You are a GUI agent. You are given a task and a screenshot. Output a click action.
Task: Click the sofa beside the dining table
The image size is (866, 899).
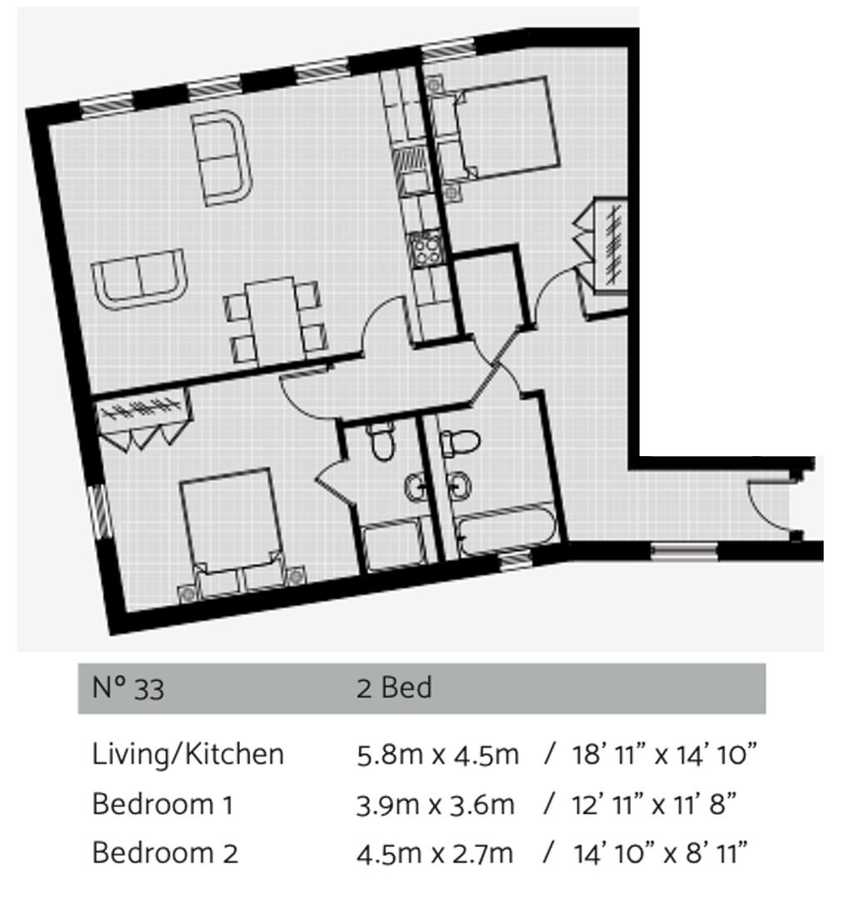(139, 279)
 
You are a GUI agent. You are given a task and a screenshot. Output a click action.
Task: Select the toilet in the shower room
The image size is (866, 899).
(383, 441)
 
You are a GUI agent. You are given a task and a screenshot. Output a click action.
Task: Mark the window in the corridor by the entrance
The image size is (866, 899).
(684, 549)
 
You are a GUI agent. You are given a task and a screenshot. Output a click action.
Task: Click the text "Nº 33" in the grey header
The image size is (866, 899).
(127, 688)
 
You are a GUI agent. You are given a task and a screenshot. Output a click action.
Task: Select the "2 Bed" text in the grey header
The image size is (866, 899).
(394, 688)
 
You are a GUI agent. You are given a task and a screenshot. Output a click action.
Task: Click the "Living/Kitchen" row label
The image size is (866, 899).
(187, 754)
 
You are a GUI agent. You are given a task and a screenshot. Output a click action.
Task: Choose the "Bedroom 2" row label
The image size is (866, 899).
(164, 853)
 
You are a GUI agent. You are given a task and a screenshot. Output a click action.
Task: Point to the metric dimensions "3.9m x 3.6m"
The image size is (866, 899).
(435, 804)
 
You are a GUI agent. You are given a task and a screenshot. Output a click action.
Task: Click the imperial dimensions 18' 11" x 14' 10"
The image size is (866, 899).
(664, 754)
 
